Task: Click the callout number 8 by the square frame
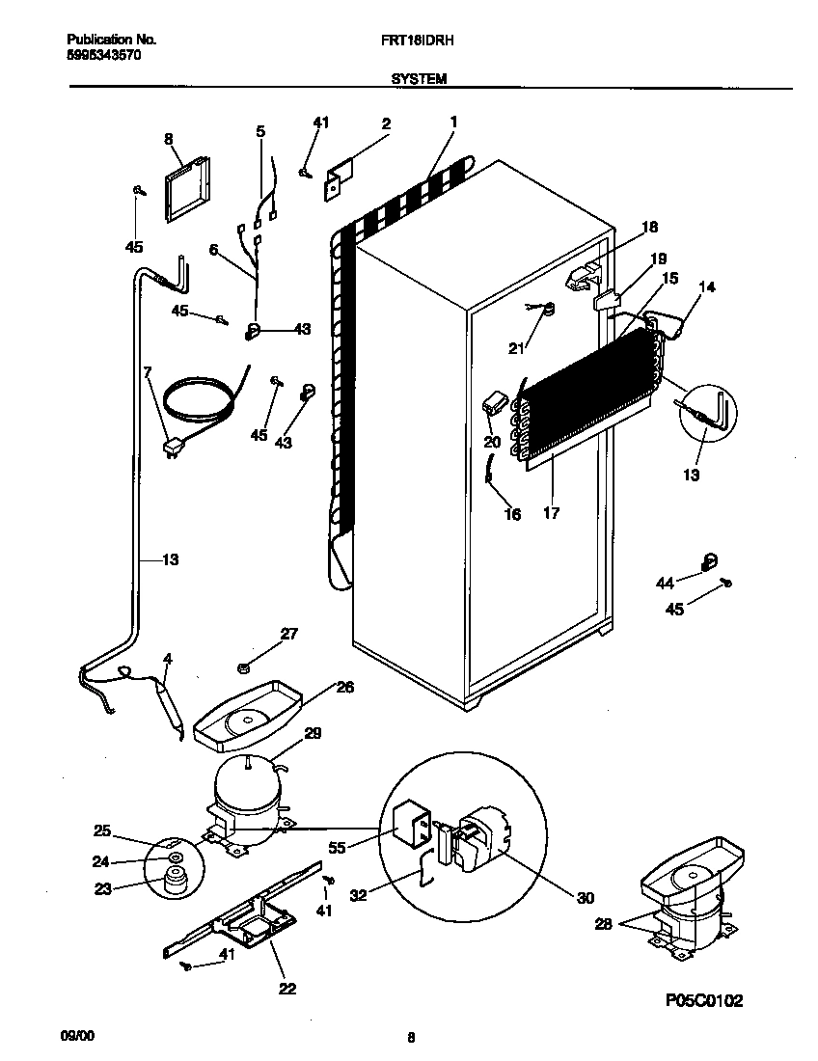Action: pos(169,139)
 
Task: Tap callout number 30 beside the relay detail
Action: pos(585,898)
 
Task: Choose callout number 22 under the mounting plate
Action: pos(286,988)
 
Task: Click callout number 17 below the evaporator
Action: pos(551,514)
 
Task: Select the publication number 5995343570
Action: pos(103,55)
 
